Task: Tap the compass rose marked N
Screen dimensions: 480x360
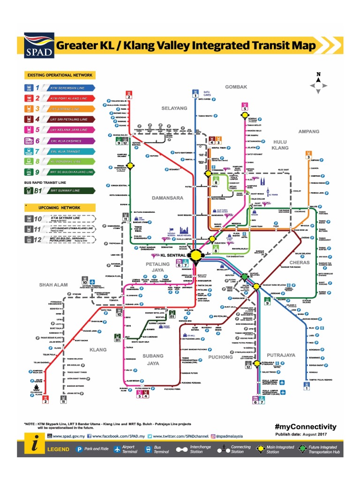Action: pos(318,83)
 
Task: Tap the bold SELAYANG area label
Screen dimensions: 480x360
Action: pos(174,108)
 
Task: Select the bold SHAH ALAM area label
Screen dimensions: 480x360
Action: pos(54,284)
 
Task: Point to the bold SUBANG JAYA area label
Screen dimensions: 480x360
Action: pos(153,359)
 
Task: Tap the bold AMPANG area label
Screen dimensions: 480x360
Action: pos(309,131)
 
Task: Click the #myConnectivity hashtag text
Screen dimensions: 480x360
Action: pos(305,427)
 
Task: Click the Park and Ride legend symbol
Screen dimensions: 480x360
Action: pos(80,449)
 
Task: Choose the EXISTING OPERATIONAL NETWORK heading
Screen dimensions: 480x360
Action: pos(60,75)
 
